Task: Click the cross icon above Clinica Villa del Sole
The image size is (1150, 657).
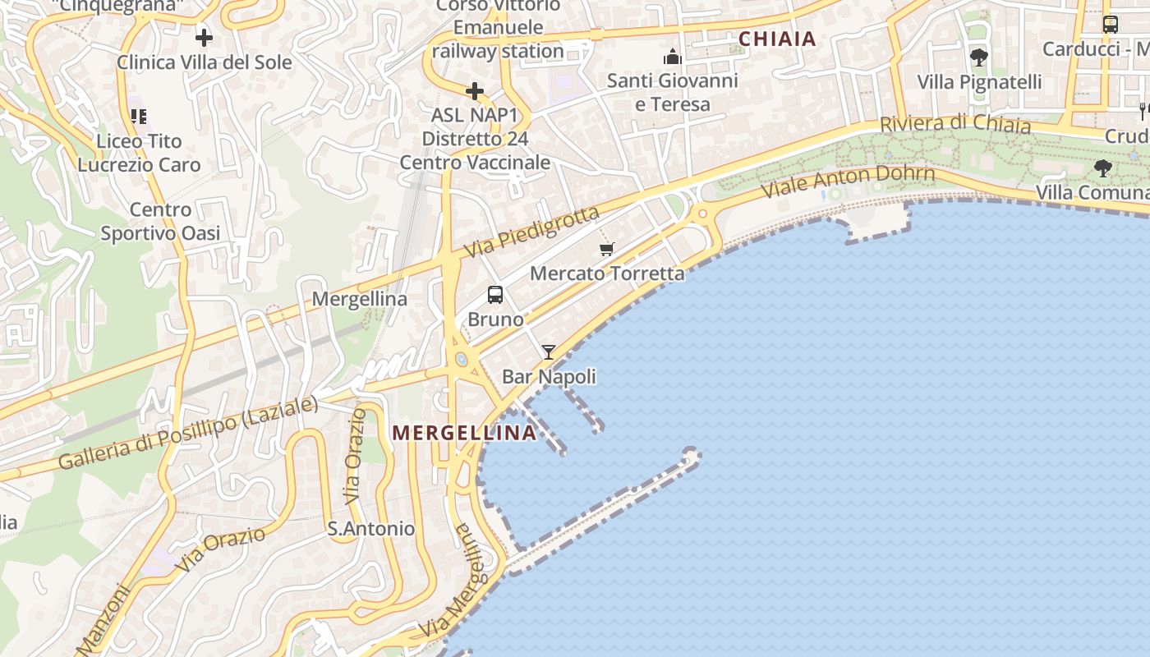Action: (x=204, y=37)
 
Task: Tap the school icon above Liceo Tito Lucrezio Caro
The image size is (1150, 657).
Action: (x=138, y=116)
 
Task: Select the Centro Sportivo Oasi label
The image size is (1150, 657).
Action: (x=160, y=222)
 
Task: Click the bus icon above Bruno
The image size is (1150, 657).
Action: (x=495, y=294)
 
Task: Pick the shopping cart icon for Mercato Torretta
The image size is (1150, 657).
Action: (x=607, y=249)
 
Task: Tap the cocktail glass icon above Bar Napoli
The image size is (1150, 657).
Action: (x=548, y=352)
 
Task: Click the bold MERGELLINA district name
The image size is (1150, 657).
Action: (x=464, y=433)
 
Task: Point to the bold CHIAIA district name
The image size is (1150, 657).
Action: (x=777, y=39)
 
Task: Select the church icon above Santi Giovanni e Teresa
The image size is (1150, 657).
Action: (x=673, y=57)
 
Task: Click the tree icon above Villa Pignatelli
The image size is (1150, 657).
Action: (x=978, y=57)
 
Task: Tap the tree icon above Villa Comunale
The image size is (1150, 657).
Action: (x=1102, y=168)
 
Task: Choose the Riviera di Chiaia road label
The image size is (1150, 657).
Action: (x=954, y=124)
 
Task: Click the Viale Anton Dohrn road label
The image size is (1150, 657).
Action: (x=848, y=181)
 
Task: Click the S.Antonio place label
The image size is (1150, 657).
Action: (x=371, y=529)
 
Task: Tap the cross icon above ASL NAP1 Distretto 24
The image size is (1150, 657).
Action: (x=475, y=90)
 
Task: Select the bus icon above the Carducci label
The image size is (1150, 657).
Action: (x=1110, y=25)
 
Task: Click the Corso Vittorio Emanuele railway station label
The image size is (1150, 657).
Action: (x=499, y=28)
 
